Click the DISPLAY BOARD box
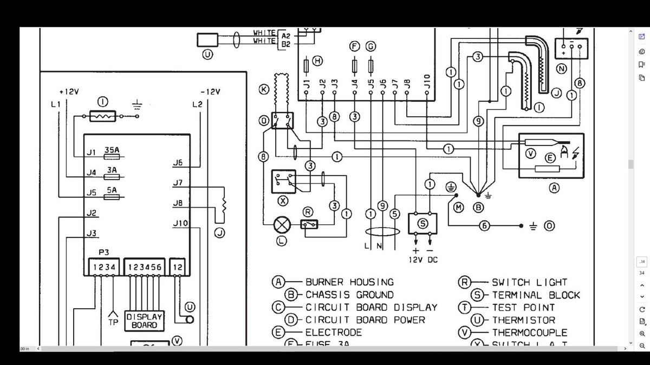tap(145, 321)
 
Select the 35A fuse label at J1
tap(112, 150)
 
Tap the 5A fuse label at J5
tap(112, 190)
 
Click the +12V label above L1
tap(69, 92)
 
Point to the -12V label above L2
tap(210, 92)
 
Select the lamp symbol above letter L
tap(281, 224)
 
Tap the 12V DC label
tap(423, 260)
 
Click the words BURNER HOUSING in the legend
tap(349, 282)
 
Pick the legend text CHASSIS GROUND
tap(349, 295)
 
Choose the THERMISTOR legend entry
tap(523, 320)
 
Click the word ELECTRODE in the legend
tap(334, 333)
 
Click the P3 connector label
tap(105, 253)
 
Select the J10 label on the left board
tap(180, 223)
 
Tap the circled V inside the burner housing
tap(531, 154)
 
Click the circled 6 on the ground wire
tap(485, 225)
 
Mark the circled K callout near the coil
tap(264, 89)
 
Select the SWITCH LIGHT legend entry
tap(529, 282)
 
